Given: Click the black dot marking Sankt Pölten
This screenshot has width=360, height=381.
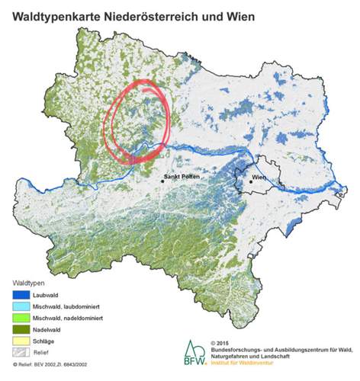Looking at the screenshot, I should point(162,181).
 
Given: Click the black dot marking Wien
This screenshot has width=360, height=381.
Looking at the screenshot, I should point(245,181).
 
